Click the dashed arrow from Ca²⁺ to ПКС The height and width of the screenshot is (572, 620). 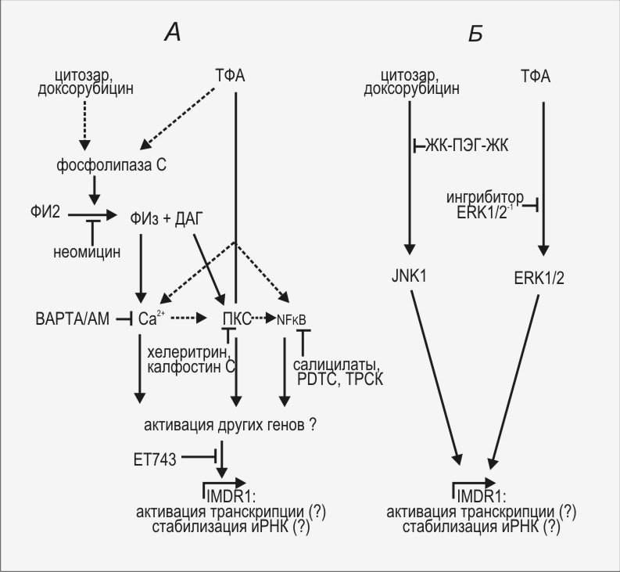[192, 318]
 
